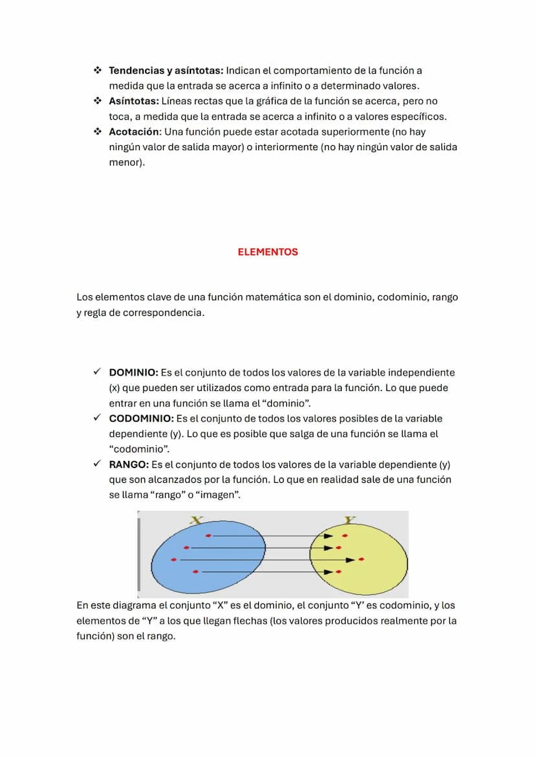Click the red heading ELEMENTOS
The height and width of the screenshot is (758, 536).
[x=267, y=252]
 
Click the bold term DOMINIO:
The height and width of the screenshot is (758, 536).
[x=133, y=373]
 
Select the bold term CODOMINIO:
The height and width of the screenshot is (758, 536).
[x=141, y=419]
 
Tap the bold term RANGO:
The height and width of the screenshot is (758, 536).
[x=129, y=465]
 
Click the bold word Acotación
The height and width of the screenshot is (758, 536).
[x=133, y=132]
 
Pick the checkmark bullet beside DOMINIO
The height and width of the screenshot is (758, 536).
[x=96, y=373]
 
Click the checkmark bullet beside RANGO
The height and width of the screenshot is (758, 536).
[x=96, y=464]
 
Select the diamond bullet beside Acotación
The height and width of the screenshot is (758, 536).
[x=97, y=132]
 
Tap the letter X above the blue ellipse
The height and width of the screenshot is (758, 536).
[x=197, y=519]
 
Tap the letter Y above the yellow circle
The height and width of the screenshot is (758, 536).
[x=350, y=520]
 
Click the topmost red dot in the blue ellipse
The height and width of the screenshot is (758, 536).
[x=208, y=536]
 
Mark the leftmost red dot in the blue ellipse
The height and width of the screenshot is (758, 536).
[x=173, y=559]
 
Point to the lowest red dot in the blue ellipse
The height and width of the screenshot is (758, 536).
[x=195, y=572]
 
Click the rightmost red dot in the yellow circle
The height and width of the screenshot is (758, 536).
[x=361, y=559]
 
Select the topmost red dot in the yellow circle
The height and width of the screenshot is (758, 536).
[x=345, y=536]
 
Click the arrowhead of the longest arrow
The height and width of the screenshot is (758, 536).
[x=350, y=560]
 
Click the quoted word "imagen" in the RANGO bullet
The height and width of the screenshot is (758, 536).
[x=218, y=495]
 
